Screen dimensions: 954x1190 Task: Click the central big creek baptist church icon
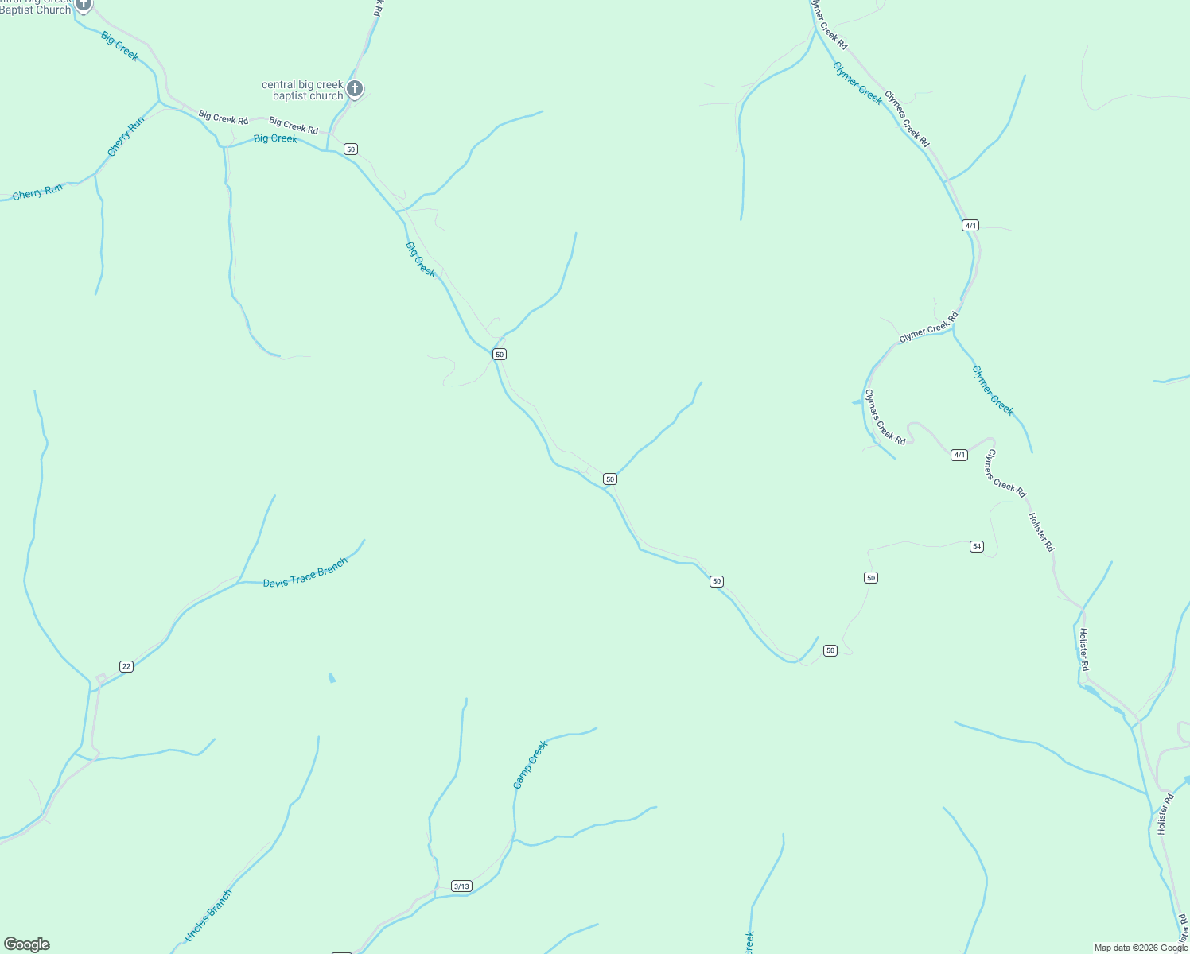pyautogui.click(x=355, y=88)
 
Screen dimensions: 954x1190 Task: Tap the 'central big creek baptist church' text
pyautogui.click(x=302, y=90)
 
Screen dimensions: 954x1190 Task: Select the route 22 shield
pyautogui.click(x=126, y=666)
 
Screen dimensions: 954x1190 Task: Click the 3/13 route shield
pyautogui.click(x=461, y=886)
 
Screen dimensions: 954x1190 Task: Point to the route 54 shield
pyautogui.click(x=977, y=546)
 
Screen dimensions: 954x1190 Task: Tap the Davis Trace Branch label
pyautogui.click(x=305, y=573)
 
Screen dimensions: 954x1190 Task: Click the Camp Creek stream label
pyautogui.click(x=531, y=765)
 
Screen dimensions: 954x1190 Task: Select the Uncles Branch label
pyautogui.click(x=208, y=916)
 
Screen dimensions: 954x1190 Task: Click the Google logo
pyautogui.click(x=27, y=944)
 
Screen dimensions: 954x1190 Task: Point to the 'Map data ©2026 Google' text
pyautogui.click(x=1141, y=948)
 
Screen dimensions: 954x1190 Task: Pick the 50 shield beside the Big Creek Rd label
pyautogui.click(x=351, y=149)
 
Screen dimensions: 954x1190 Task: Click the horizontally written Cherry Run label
pyautogui.click(x=37, y=192)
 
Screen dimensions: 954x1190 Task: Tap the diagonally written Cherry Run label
pyautogui.click(x=126, y=136)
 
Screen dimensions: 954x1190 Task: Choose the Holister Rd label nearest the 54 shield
pyautogui.click(x=1040, y=532)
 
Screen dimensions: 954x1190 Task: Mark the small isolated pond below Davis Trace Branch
pyautogui.click(x=332, y=678)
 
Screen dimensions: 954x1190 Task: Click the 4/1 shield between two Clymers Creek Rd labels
pyautogui.click(x=959, y=455)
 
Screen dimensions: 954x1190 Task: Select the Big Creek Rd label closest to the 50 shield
pyautogui.click(x=294, y=126)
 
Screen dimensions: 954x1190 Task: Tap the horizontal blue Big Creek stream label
pyautogui.click(x=275, y=138)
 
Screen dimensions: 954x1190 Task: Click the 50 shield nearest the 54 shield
pyautogui.click(x=871, y=577)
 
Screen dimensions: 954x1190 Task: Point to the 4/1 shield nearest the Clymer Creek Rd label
pyautogui.click(x=970, y=225)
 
